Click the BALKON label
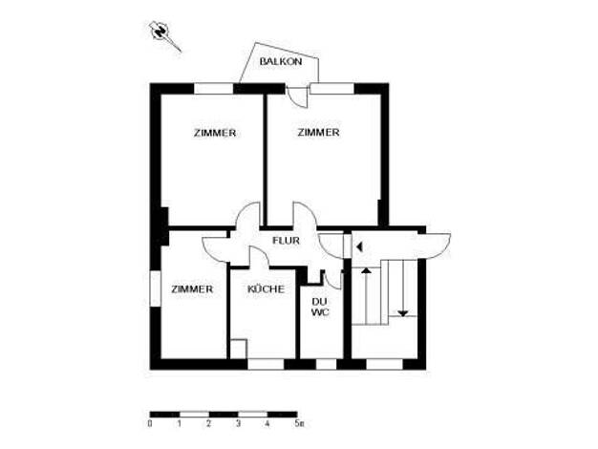click(281, 61)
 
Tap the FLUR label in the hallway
click(286, 241)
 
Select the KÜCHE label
click(266, 289)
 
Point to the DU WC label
click(320, 307)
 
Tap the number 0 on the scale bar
click(150, 423)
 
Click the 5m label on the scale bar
click(299, 423)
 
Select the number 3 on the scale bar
click(238, 423)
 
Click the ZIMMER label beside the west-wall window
click(192, 289)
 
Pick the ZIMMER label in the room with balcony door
click(318, 133)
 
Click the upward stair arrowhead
click(366, 270)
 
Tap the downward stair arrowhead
click(403, 313)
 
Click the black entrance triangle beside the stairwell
click(359, 247)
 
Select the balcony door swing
click(297, 97)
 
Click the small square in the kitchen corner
click(239, 349)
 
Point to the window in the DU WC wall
click(326, 364)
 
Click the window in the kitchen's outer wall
click(266, 364)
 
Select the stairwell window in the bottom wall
click(384, 364)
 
